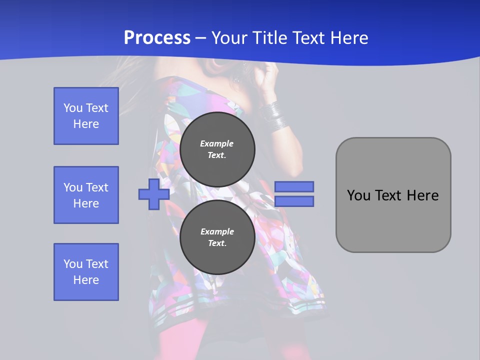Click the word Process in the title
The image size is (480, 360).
click(157, 38)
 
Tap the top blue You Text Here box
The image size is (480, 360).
click(86, 116)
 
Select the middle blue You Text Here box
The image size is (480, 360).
click(86, 195)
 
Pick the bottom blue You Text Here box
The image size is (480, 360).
click(86, 272)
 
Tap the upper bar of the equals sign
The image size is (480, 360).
click(294, 186)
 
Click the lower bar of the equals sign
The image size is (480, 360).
click(294, 201)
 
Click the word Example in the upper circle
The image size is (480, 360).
click(217, 143)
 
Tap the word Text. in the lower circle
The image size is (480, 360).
click(217, 243)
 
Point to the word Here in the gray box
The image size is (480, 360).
click(422, 195)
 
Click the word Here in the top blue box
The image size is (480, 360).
click(86, 124)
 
